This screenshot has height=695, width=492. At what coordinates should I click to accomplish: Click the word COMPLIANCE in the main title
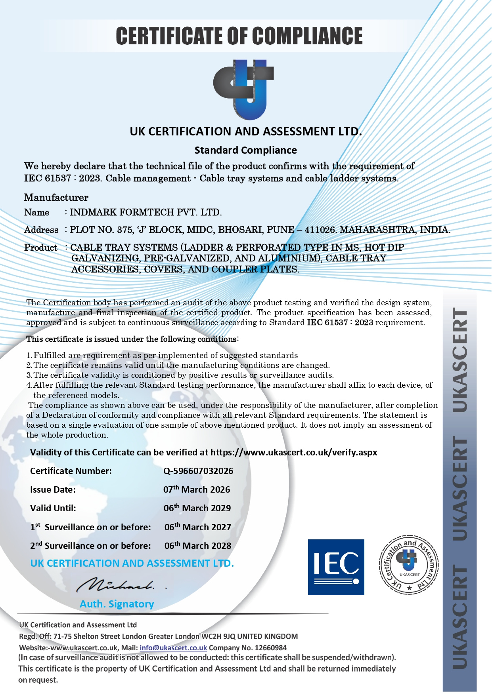click(307, 36)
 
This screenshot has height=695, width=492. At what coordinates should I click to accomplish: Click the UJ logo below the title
click(243, 89)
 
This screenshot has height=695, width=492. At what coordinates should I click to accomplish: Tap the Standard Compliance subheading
click(245, 150)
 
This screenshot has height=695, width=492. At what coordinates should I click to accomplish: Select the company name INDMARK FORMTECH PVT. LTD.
click(145, 212)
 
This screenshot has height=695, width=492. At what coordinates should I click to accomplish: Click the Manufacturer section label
click(56, 197)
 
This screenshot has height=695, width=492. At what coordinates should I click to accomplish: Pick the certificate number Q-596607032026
click(198, 471)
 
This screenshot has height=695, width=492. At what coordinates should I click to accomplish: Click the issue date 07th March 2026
click(197, 489)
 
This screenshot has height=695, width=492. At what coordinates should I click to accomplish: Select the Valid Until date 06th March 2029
click(197, 508)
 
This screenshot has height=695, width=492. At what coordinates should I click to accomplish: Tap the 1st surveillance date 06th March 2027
click(197, 527)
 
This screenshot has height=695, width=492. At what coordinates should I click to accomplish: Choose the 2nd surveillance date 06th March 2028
click(197, 546)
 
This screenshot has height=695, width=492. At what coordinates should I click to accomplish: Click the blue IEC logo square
click(336, 567)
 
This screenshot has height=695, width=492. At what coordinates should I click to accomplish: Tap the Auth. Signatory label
click(117, 604)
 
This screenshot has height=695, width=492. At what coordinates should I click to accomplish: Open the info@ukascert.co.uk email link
click(173, 648)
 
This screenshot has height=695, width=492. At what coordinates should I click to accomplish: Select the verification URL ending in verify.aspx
click(294, 452)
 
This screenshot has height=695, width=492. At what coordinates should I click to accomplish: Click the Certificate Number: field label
click(71, 471)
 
